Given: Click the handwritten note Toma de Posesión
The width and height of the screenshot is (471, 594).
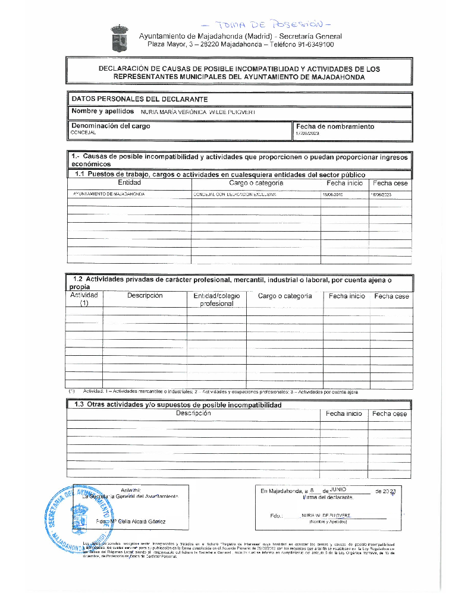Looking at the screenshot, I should tap(265, 24).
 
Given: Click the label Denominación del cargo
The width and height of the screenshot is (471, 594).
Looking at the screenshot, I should tap(111, 126).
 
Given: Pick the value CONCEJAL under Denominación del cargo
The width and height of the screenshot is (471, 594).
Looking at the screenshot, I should tap(79, 133).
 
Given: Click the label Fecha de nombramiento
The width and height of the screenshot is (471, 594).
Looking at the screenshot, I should tap(335, 127).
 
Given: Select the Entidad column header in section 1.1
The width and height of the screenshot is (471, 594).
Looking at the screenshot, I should tap(130, 183).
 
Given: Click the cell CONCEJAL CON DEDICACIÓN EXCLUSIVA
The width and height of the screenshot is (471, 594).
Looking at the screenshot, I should tap(234, 194).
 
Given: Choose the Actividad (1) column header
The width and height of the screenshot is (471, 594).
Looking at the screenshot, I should tap(84, 299).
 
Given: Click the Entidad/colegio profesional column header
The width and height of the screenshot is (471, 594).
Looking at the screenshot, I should tap(216, 299).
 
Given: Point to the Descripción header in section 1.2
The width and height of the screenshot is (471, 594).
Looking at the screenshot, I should tap(145, 295).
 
